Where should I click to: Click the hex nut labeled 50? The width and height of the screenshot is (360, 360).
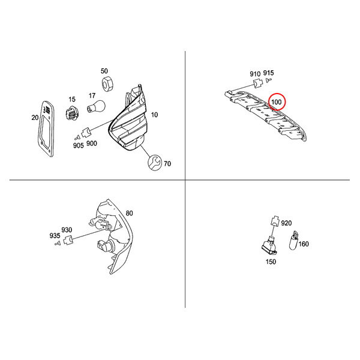tap(107, 84)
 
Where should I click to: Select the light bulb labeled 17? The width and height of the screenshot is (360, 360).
tap(96, 106)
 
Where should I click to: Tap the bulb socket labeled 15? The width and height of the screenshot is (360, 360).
tap(72, 113)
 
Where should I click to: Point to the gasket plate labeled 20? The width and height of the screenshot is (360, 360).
tap(46, 129)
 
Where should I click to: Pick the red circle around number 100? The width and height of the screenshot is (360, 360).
tap(277, 102)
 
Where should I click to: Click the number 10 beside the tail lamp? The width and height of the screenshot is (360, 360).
tap(154, 115)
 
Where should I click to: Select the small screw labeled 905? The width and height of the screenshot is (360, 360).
tap(77, 137)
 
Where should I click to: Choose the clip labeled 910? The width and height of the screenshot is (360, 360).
tap(258, 83)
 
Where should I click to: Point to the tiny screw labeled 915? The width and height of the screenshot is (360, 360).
tap(268, 80)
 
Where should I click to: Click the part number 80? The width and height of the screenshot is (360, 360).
tap(129, 213)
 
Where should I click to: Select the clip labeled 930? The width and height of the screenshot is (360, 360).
tap(68, 240)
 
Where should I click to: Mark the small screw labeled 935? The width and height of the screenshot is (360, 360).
tap(58, 243)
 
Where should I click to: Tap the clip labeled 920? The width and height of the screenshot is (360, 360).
tap(275, 221)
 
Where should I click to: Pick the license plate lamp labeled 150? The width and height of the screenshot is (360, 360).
tap(269, 247)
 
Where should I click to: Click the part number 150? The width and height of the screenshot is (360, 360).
tap(271, 262)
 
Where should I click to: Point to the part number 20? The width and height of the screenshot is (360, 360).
tap(35, 118)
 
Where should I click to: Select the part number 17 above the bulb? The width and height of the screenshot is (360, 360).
tap(92, 95)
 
